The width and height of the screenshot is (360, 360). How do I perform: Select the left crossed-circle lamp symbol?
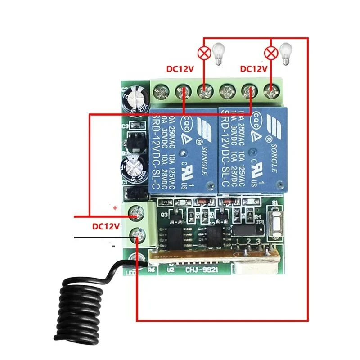coord(205,54)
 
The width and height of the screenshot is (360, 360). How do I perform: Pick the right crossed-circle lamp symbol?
coord(271,54)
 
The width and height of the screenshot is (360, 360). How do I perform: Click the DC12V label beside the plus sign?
coord(106,226)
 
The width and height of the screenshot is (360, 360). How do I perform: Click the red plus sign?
coord(115,208)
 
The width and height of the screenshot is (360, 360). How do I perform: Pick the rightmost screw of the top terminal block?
coord(271,93)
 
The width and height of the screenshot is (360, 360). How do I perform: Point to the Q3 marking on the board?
coord(164,215)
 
